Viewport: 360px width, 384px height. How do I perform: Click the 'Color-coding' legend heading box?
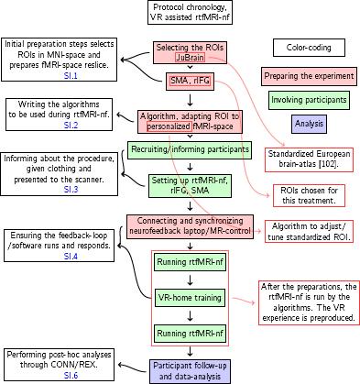(x=308, y=47)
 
